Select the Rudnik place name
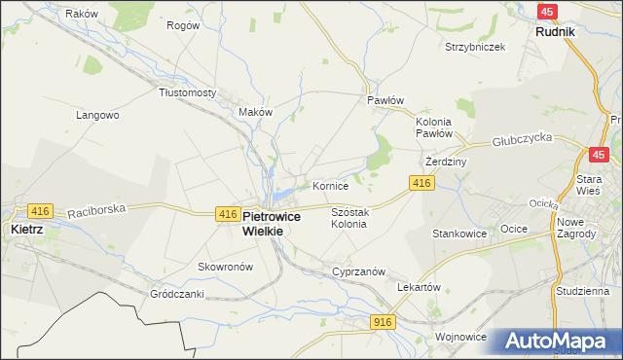tap(555, 31)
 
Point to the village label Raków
tap(82, 14)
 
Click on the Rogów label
tap(183, 25)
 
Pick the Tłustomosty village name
tap(187, 92)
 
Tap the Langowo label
tap(97, 115)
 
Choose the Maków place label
tap(256, 112)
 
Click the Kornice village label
tap(330, 185)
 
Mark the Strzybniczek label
tap(474, 47)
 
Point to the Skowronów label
tap(225, 267)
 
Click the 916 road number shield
tap(383, 321)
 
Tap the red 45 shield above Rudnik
tap(548, 11)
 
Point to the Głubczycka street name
tap(522, 140)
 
